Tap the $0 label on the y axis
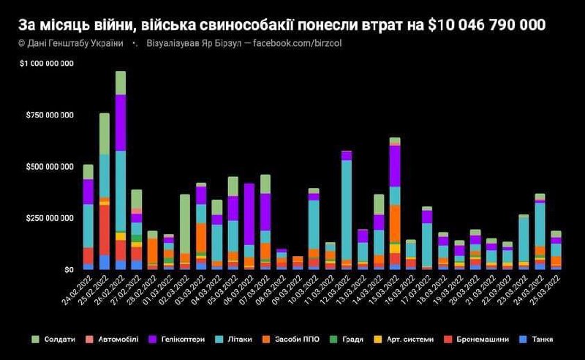67,269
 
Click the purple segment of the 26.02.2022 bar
121,122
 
